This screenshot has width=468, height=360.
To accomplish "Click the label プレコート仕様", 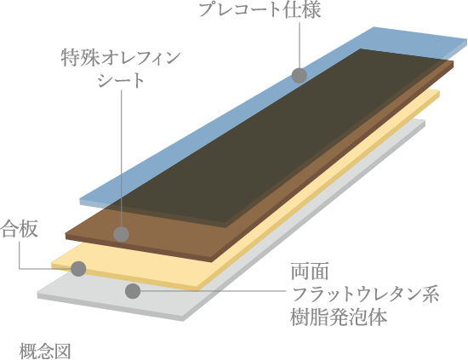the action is coord(260,9).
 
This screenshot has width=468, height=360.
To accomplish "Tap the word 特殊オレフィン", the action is coord(121,58).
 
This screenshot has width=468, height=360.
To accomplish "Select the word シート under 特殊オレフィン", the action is coord(121,80).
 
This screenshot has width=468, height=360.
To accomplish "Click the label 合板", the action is coord(19,229).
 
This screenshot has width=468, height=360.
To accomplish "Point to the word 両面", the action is coord(310,271).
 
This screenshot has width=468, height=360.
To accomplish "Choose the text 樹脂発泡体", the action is coord(339,317).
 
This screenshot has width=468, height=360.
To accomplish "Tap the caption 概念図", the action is coord(45,351).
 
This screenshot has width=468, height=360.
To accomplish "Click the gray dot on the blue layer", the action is coord(300,75).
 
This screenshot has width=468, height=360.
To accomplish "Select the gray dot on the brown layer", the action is coord(121,234).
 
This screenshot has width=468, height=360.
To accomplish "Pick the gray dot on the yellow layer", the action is coord(78,269).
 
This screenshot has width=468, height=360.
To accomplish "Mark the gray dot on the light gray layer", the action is coord(133,291).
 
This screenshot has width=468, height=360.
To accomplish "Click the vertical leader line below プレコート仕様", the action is coord(300,44).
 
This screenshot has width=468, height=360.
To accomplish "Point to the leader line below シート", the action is coord(122,158).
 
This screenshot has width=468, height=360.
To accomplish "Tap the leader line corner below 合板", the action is coord(20,269).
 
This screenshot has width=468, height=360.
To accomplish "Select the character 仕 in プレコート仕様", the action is coord(291,9).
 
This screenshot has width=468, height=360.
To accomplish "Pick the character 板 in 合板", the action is coord(29,229).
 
